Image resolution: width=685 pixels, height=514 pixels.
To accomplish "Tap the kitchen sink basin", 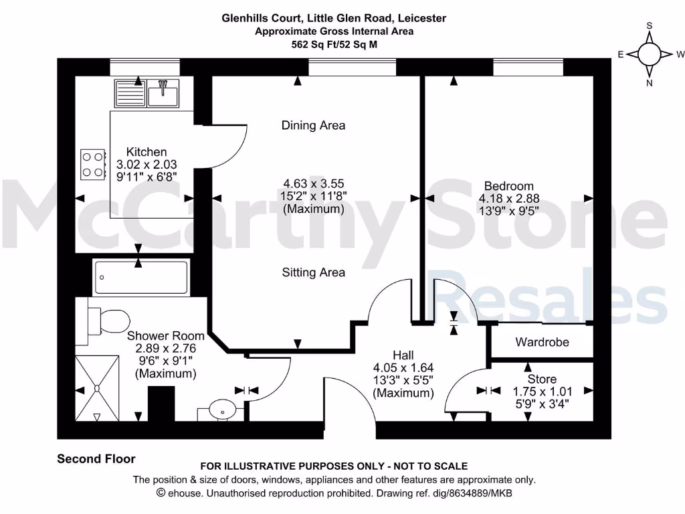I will pos(163,93).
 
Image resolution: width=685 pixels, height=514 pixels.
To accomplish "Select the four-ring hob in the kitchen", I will pos(94,164).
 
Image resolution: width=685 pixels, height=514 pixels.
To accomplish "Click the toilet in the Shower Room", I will pos(107,321).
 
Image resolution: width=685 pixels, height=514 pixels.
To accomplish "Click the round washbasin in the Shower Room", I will pos(221,408).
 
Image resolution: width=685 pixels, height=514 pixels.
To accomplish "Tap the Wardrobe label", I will pos(542,342).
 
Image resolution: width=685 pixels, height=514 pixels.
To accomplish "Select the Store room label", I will pos(542,379).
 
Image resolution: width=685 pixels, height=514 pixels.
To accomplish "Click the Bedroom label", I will pos(509,186).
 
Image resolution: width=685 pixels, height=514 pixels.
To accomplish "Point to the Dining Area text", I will pos(313,125).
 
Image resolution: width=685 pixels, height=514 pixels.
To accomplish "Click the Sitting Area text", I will pos(313,272).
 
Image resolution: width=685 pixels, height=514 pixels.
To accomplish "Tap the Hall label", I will pos(403,355).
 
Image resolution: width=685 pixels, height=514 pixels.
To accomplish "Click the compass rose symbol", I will pos(649,54).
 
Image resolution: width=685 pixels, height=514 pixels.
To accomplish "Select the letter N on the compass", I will pos(649,83).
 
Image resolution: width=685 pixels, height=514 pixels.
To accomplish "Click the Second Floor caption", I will pos(96,459).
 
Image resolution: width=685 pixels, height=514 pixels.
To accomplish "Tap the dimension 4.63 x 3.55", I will pos(313,183).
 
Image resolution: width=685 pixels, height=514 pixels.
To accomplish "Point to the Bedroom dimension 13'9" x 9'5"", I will pos(509,210).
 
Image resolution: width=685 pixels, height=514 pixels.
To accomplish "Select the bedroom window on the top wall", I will pos(528,67).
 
